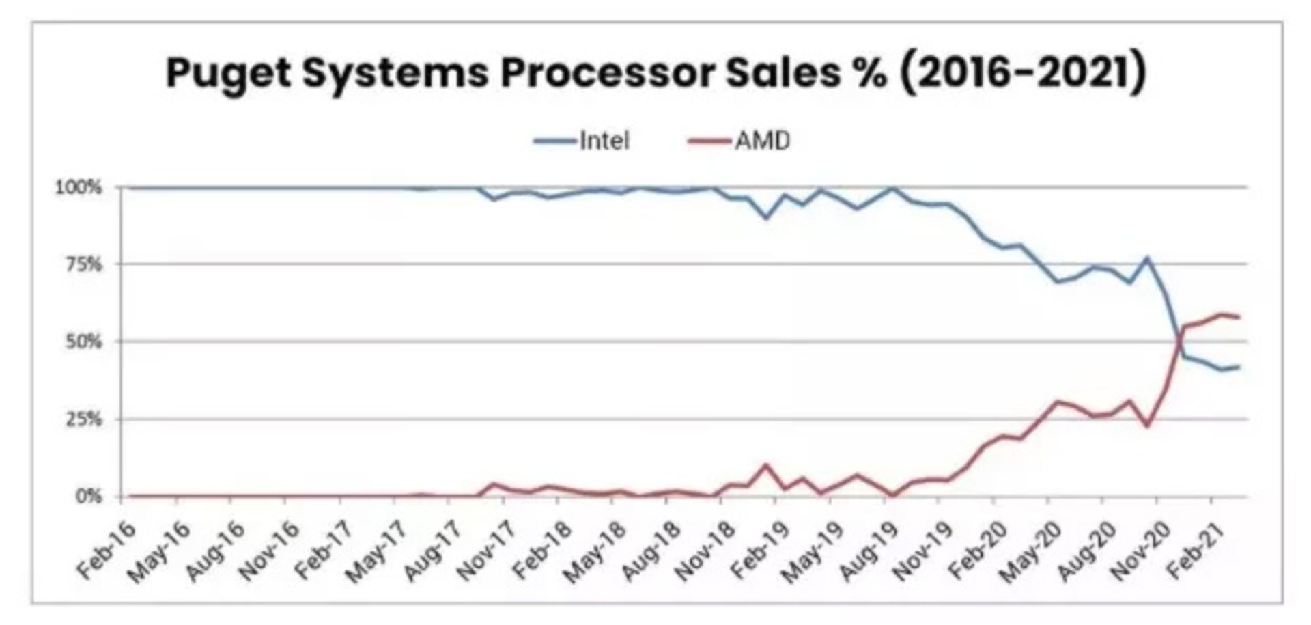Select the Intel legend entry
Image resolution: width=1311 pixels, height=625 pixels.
pos(604,141)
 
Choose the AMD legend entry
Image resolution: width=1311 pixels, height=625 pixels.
pos(762,141)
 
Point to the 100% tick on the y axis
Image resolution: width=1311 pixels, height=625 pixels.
pos(78,187)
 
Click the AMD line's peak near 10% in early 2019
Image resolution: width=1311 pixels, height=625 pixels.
pos(766,465)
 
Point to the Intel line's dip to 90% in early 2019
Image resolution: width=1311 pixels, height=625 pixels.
pos(766,218)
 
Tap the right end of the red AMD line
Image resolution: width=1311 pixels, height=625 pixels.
pos(1239,317)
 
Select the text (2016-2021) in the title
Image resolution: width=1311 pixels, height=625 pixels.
pos(1022,72)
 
